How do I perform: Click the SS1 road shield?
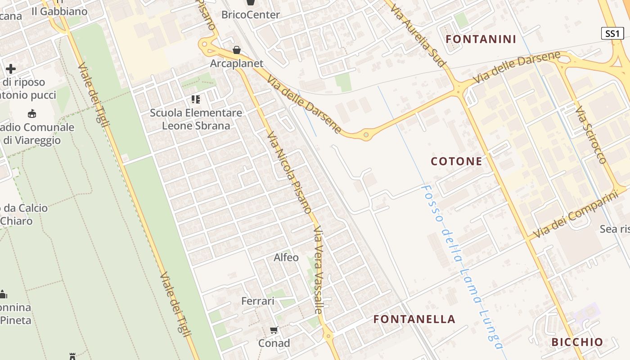tap(612, 33)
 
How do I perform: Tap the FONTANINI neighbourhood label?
tap(481, 39)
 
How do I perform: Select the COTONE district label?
tap(456, 161)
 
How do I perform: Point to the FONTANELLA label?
tap(414, 319)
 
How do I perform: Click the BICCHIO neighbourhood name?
tap(577, 342)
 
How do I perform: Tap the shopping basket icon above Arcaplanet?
tap(236, 50)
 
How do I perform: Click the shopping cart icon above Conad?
tap(274, 330)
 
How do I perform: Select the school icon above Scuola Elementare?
tap(195, 99)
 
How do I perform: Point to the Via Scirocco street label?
tap(591, 135)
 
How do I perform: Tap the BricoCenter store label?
tap(250, 15)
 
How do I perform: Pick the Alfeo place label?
tap(286, 257)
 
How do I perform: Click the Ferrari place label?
tap(258, 301)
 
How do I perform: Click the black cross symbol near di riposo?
tap(11, 69)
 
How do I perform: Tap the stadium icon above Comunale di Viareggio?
tap(32, 113)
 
